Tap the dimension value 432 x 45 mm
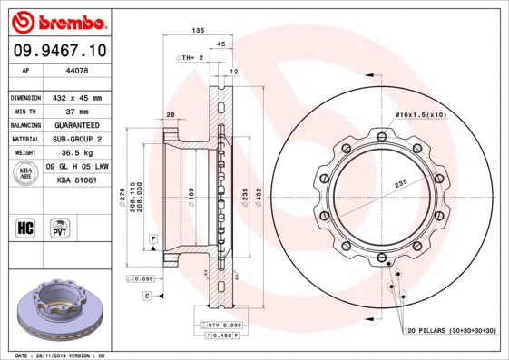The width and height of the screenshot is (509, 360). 76,97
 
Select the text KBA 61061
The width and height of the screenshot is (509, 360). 76,180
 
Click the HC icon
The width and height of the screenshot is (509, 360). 26,227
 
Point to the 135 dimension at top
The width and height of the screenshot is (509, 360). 197,31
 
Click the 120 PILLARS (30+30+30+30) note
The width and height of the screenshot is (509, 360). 450,332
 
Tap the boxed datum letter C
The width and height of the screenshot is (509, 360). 146,296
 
